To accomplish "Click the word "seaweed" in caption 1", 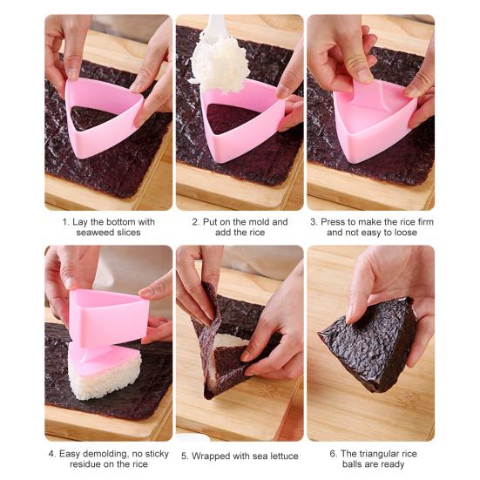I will coord(83,233).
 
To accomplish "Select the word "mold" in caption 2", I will coord(257,222).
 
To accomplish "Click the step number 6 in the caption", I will coord(332,454).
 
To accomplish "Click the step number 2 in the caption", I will coord(194,222).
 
